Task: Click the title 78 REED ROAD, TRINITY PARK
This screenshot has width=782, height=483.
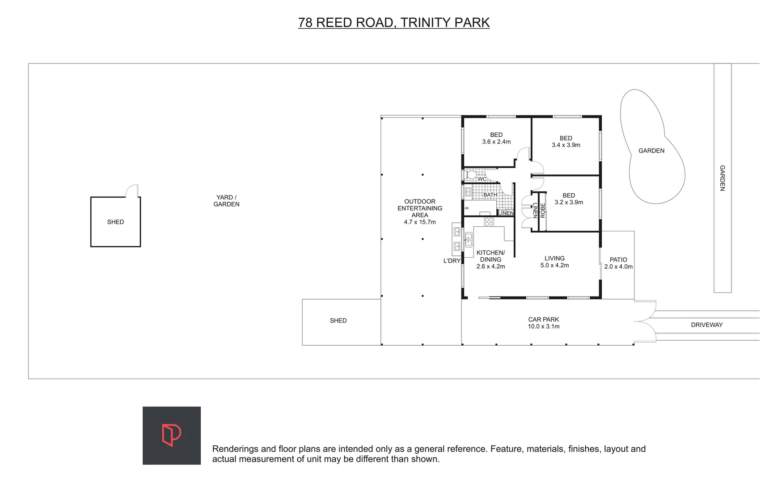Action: coord(393,22)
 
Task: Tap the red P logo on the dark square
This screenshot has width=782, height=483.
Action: coord(171,435)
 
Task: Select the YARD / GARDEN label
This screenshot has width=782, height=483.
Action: coord(226,201)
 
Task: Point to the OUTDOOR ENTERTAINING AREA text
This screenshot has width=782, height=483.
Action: coord(419,208)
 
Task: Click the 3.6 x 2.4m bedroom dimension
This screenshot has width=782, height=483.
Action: coord(496,142)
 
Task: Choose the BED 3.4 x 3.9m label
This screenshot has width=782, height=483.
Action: coord(566,141)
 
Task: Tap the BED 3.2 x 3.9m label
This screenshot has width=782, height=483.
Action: coord(569,199)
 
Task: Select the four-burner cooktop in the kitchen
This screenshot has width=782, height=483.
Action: coord(489,221)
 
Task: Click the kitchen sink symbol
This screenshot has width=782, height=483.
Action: coord(468,240)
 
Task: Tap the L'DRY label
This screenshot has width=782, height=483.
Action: coord(452,261)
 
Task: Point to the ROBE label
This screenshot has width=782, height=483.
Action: coord(543,211)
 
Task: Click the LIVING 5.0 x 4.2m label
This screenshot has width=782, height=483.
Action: coord(554,262)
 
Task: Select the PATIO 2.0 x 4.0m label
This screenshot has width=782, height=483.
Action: coord(618,263)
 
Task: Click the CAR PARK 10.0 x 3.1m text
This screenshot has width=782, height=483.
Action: coord(543,323)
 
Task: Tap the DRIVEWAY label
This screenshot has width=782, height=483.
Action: coord(706,325)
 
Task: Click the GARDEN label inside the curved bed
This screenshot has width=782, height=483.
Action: coord(651,151)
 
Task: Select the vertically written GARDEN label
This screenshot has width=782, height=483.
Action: coord(722,178)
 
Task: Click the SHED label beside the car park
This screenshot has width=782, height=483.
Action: coord(338,321)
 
